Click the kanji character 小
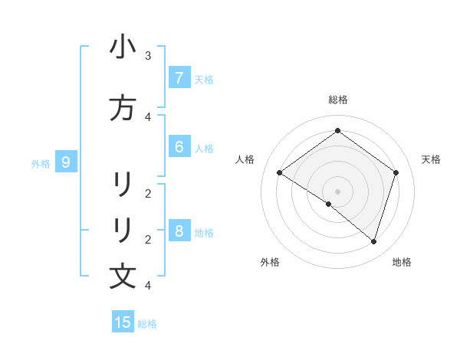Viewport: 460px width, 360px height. (123, 47)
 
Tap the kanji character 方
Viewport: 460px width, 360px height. (123, 108)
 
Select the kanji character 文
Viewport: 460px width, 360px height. (123, 276)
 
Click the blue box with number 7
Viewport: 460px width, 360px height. (179, 78)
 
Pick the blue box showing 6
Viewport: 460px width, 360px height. (179, 147)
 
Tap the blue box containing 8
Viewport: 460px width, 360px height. (179, 231)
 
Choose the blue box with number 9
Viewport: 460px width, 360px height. (66, 162)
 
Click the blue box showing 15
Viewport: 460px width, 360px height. (123, 322)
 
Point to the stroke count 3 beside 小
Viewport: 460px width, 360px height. (148, 56)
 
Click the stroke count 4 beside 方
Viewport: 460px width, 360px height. (148, 116)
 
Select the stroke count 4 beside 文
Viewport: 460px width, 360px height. (148, 286)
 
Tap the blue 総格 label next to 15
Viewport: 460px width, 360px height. (147, 324)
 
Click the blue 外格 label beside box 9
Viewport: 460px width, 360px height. (41, 163)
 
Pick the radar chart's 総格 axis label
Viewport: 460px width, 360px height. (337, 100)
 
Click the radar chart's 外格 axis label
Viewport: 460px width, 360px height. (270, 262)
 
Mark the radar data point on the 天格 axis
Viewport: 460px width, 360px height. (396, 173)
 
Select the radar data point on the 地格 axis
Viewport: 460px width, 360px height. (373, 241)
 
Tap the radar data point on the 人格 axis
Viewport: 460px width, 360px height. (279, 173)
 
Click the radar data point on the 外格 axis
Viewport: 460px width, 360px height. (329, 204)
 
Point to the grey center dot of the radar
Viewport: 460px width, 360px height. (337, 191)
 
